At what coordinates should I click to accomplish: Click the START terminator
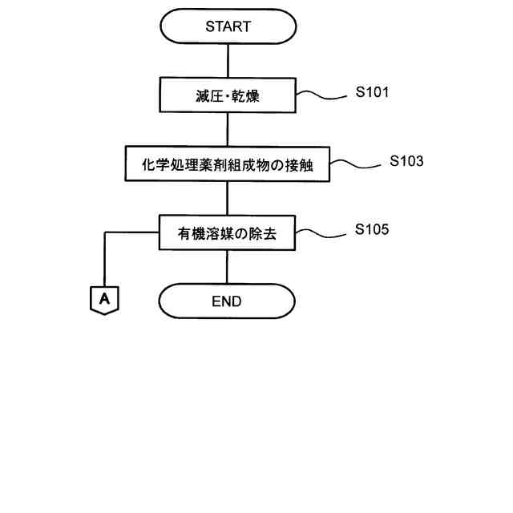click(x=228, y=26)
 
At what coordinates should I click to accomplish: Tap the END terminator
click(x=227, y=301)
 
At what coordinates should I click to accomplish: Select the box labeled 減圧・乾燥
click(x=228, y=96)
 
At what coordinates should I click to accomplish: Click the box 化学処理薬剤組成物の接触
click(x=228, y=164)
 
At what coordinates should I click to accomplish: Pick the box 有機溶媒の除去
click(x=228, y=233)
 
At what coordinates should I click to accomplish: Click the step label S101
click(x=373, y=92)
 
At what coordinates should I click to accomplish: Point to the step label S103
click(x=407, y=161)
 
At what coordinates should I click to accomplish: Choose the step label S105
click(x=373, y=230)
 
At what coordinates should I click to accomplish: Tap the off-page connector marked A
click(x=104, y=300)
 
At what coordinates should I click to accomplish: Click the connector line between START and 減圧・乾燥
click(x=228, y=61)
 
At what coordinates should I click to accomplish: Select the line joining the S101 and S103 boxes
click(x=228, y=130)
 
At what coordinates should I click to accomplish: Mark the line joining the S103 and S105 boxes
click(x=228, y=198)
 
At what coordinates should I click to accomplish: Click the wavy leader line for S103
click(x=355, y=164)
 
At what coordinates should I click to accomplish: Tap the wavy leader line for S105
click(x=321, y=233)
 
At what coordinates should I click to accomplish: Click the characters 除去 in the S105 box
click(x=264, y=233)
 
